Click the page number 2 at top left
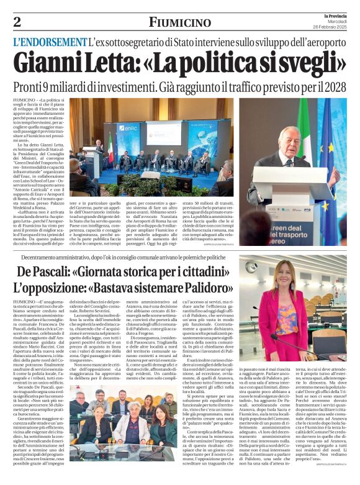[17, 22]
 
